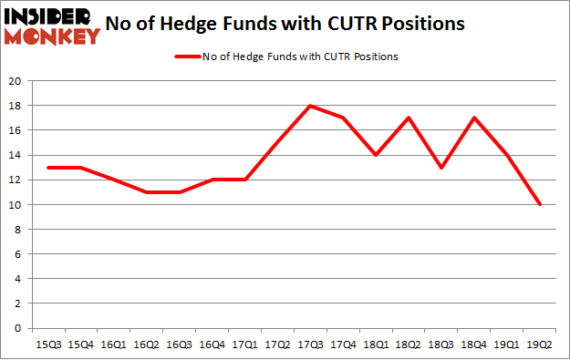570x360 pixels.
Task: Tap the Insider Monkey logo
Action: tap(52, 26)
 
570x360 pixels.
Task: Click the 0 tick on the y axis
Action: tap(18, 328)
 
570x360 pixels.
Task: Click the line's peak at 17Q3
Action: tap(310, 106)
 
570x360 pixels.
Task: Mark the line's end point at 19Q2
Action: tap(541, 204)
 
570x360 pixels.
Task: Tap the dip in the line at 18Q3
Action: tap(442, 168)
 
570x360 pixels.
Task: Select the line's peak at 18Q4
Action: tap(475, 118)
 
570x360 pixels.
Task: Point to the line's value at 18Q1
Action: tap(377, 155)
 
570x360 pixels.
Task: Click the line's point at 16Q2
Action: tap(145, 192)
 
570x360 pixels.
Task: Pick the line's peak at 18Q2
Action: tap(409, 118)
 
